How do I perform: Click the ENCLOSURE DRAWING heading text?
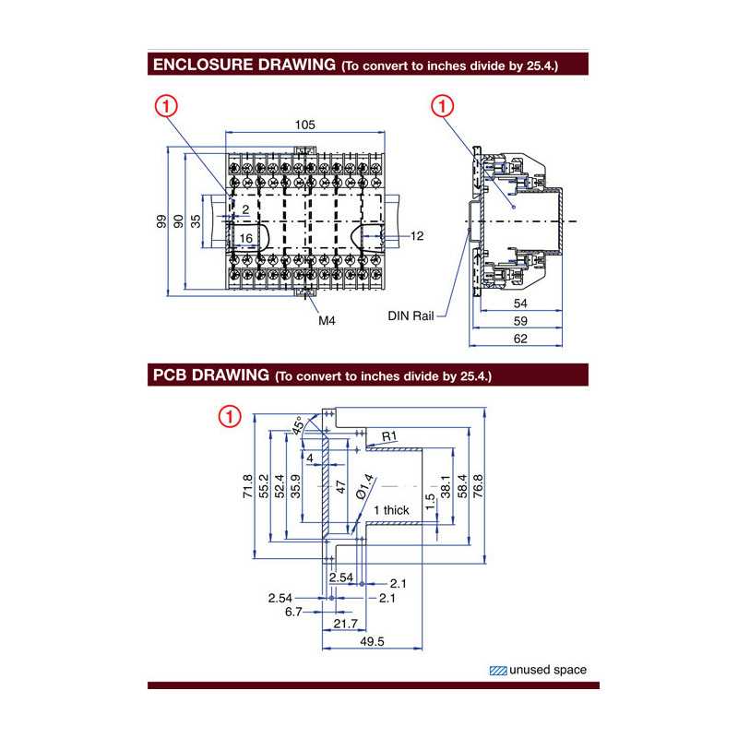click(x=244, y=65)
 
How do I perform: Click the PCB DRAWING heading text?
click(x=209, y=375)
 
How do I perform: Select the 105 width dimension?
click(x=305, y=125)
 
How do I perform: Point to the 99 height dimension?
click(x=161, y=221)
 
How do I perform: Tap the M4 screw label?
click(x=327, y=321)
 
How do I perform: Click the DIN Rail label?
click(x=411, y=315)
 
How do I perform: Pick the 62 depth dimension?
click(x=519, y=339)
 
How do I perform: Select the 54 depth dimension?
click(x=519, y=303)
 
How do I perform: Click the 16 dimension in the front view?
click(x=245, y=238)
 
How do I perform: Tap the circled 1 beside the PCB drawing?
click(x=228, y=416)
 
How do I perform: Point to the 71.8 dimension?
click(x=247, y=486)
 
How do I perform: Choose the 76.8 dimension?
click(x=478, y=486)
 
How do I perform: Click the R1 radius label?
click(x=388, y=435)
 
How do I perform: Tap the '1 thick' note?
click(x=390, y=510)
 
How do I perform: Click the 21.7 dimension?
click(x=345, y=625)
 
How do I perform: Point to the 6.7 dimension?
click(x=292, y=612)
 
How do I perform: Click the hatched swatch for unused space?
click(x=497, y=671)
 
